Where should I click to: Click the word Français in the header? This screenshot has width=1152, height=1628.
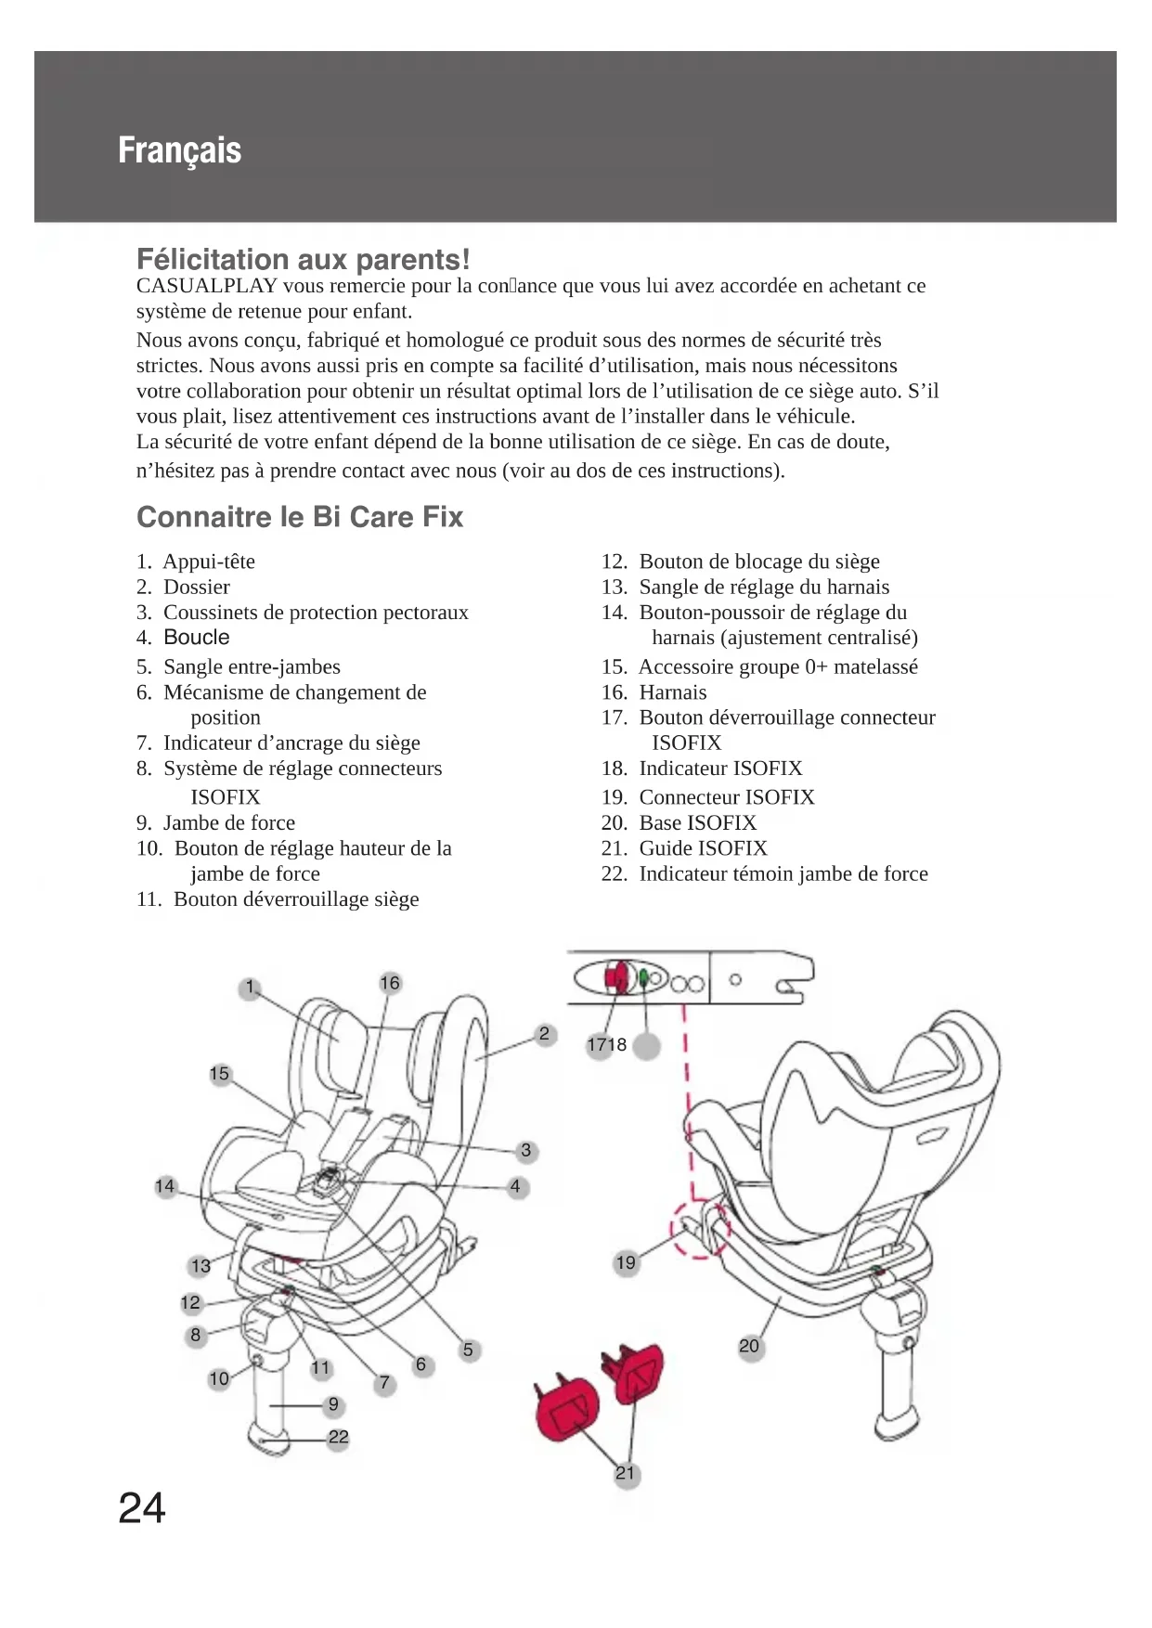point(179,150)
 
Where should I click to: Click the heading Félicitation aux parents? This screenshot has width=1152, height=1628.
point(304,259)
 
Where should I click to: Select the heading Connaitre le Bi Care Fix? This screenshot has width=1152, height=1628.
point(300,517)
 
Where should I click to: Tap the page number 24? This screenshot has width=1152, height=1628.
point(142,1508)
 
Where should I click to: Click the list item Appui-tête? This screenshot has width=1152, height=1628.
point(209,562)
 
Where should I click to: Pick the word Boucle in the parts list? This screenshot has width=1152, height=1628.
point(197,638)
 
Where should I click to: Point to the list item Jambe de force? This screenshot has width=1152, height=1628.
point(228,823)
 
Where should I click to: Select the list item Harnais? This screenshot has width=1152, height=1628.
point(672,692)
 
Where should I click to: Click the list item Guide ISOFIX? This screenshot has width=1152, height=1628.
point(703,848)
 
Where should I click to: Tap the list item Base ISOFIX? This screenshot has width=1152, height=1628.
point(697,823)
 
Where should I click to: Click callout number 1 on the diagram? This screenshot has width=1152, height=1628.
point(250,988)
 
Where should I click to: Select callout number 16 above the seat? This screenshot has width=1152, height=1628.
point(390,983)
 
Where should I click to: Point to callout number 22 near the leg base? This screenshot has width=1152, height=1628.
point(339,1438)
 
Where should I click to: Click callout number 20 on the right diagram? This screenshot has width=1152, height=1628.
point(749,1346)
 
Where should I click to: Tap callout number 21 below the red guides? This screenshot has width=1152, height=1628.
point(627,1474)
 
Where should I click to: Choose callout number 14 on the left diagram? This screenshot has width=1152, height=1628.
point(165,1186)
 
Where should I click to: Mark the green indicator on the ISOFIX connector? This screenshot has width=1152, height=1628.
point(642,977)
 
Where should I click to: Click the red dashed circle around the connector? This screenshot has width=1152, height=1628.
point(701,1230)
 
